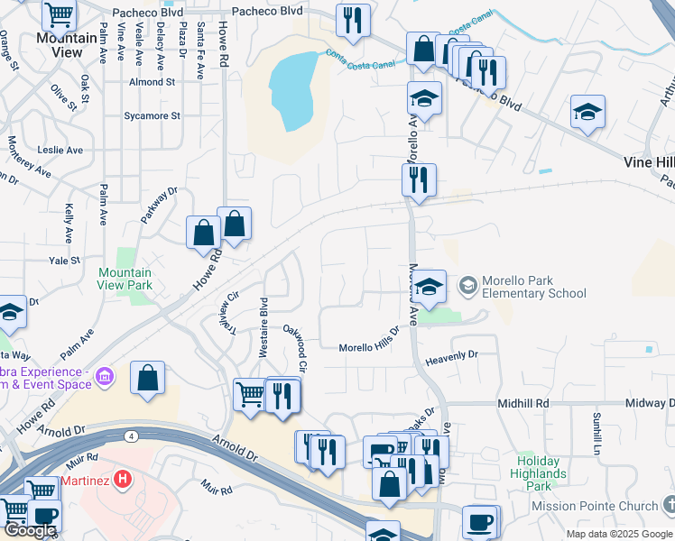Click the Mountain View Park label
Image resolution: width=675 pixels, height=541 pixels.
pos(125,279)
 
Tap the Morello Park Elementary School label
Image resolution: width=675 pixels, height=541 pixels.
pos(534,287)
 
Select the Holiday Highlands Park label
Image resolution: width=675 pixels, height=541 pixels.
pos(538,473)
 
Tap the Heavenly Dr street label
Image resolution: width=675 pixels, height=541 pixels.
pos(451,356)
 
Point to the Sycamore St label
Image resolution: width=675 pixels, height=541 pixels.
pos(153,116)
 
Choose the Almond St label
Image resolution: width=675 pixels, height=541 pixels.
pos(152,82)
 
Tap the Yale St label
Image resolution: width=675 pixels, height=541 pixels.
pos(65,260)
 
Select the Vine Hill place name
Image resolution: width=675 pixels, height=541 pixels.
pos(649,161)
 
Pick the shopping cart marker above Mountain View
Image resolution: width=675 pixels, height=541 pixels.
pos(59,14)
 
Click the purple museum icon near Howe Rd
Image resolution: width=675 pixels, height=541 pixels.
pos(106,375)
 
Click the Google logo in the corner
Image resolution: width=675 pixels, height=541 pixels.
pos(30,531)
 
